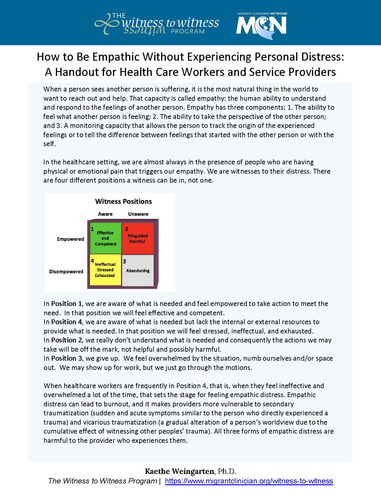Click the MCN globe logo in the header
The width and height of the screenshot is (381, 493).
[261, 25]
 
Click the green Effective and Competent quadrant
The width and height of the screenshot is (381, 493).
[105, 238]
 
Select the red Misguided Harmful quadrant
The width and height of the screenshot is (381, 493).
[138, 238]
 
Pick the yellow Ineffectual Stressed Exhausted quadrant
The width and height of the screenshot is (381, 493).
[105, 270]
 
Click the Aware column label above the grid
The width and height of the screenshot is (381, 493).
[105, 214]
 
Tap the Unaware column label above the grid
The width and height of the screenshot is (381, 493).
[138, 214]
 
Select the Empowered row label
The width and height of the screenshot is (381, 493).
[71, 239]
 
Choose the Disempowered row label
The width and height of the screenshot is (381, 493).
[66, 272]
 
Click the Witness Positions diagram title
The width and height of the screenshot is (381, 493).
[123, 202]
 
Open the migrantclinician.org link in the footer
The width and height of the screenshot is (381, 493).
[249, 481]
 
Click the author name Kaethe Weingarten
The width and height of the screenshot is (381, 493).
[179, 471]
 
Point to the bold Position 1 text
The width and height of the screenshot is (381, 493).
[66, 304]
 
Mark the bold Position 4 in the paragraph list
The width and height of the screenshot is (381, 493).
[66, 322]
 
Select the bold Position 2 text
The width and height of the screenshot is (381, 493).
[66, 340]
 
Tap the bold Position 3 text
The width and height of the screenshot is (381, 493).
[66, 359]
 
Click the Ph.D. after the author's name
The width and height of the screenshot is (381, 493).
[227, 471]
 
